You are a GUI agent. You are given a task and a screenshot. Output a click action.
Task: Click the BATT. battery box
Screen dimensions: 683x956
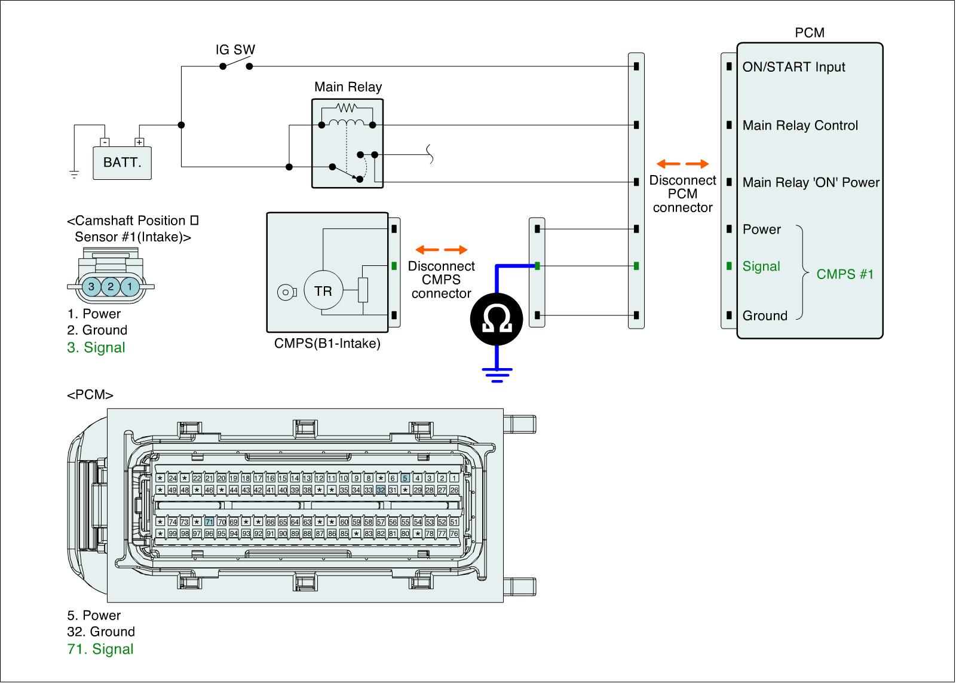[x=122, y=162]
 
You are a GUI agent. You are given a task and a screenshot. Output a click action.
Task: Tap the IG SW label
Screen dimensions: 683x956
[x=235, y=50]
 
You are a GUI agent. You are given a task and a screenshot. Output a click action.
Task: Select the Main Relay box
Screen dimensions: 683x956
[x=347, y=143]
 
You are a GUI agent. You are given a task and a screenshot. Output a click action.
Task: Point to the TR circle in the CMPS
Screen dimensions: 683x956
[x=323, y=291]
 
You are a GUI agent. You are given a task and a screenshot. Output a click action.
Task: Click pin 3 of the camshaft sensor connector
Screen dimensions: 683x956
[x=91, y=287]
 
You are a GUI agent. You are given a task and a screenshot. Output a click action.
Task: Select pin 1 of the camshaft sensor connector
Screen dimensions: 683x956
[x=130, y=287]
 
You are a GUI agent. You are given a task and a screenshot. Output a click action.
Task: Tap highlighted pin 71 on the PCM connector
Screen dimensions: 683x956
[x=209, y=522]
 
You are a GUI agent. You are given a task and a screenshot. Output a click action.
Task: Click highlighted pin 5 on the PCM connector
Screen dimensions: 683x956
[x=405, y=478]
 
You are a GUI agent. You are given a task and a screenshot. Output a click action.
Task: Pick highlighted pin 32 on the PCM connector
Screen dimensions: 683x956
[x=381, y=490]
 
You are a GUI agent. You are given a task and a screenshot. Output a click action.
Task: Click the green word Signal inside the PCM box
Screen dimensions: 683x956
[x=761, y=267]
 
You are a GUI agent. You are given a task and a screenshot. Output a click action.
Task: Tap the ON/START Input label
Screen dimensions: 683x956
[x=793, y=67]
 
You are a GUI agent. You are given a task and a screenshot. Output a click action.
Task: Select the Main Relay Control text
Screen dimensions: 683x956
[x=800, y=125]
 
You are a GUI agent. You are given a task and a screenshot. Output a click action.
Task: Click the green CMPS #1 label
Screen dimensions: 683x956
[x=845, y=274]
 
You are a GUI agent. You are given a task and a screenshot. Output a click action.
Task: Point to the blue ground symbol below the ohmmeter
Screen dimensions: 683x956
[x=497, y=374]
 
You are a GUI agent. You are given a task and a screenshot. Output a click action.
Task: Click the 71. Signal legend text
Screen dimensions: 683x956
[x=100, y=649]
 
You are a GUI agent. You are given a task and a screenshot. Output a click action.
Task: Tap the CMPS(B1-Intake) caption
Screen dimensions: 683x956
[x=327, y=344]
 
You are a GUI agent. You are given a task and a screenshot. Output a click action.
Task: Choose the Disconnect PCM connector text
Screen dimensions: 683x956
[x=682, y=194]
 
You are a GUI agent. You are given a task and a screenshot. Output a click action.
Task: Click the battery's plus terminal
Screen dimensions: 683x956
[x=139, y=142]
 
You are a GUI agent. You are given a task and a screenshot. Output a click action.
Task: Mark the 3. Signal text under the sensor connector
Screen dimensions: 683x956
[x=96, y=347]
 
